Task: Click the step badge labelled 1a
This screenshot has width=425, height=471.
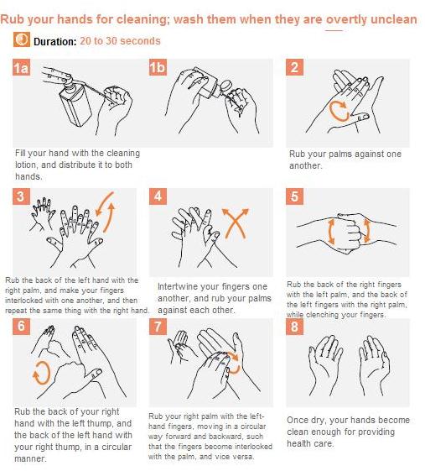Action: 21,67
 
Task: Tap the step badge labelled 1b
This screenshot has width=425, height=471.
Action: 158,67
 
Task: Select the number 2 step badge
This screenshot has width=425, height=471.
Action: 294,67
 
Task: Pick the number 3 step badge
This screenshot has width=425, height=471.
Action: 21,196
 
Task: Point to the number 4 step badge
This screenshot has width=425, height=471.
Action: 158,196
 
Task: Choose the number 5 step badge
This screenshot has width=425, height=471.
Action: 294,196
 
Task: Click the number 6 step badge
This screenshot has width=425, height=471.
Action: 21,327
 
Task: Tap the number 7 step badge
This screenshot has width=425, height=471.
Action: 158,327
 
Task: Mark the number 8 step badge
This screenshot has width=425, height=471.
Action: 294,327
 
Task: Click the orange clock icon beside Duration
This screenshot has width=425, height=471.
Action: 21,39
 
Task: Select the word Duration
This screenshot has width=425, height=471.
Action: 55,41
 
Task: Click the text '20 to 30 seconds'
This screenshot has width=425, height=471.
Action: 120,41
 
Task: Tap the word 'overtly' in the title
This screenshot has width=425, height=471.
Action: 346,19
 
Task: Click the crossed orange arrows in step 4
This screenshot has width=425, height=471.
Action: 236,222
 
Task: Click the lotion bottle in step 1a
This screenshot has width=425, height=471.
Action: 75,102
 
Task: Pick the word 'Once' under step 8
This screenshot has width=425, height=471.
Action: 298,420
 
